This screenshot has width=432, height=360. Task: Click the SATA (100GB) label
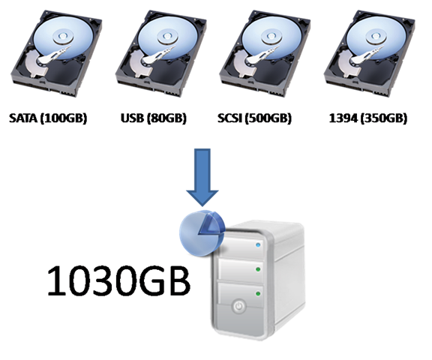point(48,118)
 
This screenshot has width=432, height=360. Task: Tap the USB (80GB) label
point(154,118)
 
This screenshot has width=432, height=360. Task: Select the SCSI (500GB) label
point(254,118)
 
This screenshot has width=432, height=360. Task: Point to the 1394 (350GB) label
point(367,118)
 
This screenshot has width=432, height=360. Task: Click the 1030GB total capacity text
point(118,281)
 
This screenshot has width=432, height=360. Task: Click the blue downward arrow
point(202,178)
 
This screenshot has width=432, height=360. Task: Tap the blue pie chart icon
point(202,233)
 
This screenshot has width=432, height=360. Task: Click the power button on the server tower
point(238,306)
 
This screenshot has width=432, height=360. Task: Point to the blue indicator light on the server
point(258,244)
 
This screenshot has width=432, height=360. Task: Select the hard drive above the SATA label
point(56,54)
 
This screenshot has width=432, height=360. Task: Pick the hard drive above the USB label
point(161,54)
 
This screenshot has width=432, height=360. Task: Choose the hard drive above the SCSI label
point(265,54)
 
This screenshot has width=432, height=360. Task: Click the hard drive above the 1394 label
point(370,54)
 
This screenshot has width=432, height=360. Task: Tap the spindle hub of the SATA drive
point(64,36)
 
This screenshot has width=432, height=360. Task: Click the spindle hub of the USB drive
point(167,36)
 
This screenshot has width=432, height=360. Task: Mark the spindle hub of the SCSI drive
point(271,36)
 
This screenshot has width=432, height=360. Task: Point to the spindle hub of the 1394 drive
point(376,36)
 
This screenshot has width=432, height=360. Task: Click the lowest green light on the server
point(258,294)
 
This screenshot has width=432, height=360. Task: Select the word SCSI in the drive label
point(229,118)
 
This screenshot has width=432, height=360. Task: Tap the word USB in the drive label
point(132,118)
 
